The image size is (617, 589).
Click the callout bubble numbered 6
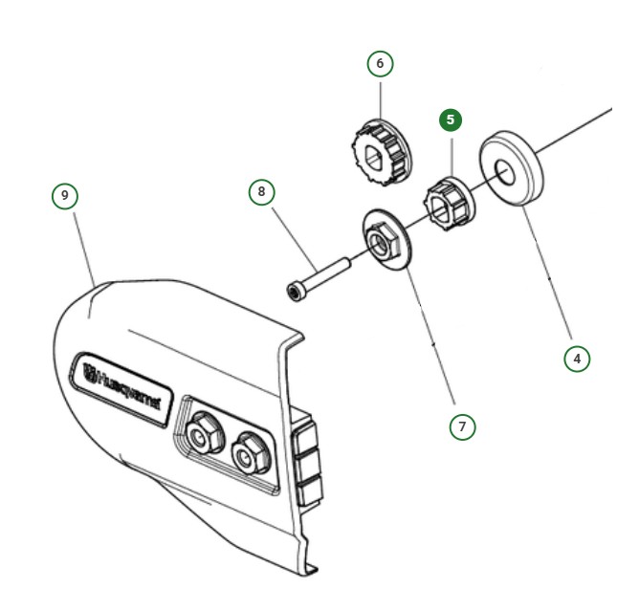tap(380, 63)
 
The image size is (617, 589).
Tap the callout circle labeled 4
tap(575, 359)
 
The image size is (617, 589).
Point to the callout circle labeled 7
tap(463, 426)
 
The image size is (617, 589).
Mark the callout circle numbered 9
tap(65, 195)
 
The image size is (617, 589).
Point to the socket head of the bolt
tap(295, 290)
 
